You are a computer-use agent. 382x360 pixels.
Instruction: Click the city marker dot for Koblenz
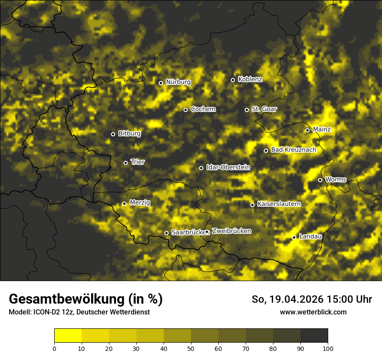[x=233, y=80]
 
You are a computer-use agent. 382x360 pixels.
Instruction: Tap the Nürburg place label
[x=178, y=82]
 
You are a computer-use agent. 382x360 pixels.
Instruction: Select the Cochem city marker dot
[x=185, y=110]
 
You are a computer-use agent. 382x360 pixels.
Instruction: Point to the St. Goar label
[x=264, y=109]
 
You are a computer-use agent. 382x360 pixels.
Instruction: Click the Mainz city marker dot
[x=307, y=130]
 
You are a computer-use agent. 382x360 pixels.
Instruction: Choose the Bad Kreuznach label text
[x=293, y=150]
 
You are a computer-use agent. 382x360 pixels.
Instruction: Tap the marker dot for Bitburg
[x=113, y=134]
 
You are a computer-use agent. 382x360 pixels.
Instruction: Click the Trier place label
[x=138, y=162]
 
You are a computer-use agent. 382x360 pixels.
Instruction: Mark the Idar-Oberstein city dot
[x=201, y=168]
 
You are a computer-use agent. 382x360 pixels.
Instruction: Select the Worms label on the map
[x=336, y=180]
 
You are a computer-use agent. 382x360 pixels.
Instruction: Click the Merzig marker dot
[x=124, y=203]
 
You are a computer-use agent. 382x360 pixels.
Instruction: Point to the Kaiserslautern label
[x=279, y=204]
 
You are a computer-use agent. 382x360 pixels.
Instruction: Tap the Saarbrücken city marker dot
[x=166, y=233]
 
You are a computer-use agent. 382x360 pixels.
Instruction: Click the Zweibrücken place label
[x=231, y=231]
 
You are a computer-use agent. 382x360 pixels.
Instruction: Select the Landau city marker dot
[x=294, y=237]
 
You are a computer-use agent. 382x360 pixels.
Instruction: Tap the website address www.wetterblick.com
[x=313, y=312]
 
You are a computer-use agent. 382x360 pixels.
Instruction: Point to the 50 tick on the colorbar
[x=191, y=348]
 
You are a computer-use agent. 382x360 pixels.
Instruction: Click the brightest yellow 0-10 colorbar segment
[x=68, y=336]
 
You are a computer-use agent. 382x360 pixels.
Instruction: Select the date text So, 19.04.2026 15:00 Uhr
[x=312, y=299]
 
